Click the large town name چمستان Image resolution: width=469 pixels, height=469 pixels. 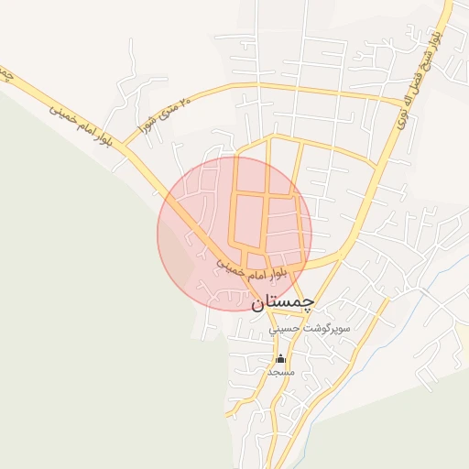280,300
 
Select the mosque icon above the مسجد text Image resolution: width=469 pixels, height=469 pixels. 280,358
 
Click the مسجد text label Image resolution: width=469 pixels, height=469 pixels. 280,372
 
